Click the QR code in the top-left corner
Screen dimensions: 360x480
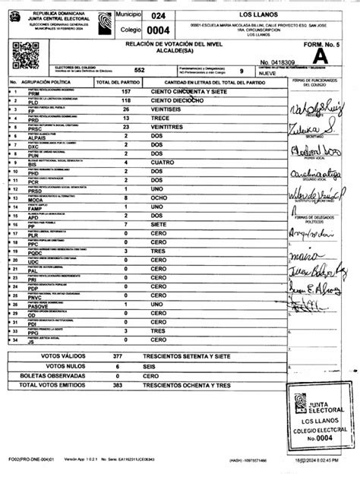25,57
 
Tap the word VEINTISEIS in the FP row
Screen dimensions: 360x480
168,110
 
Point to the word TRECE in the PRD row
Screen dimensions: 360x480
162,119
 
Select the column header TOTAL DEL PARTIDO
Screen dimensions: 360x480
117,81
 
